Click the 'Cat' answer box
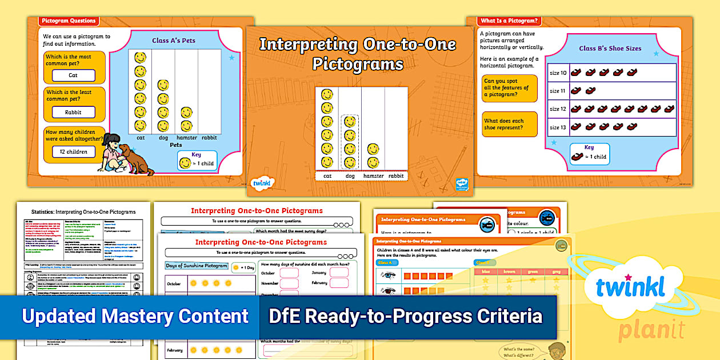point(73,75)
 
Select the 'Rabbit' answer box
point(73,113)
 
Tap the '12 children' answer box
point(73,152)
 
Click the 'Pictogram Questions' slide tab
point(69,21)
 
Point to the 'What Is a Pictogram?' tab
point(509,21)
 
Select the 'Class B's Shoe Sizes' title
point(610,49)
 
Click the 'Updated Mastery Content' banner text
point(135,316)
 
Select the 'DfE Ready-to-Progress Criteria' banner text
point(406,316)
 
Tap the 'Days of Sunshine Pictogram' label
point(196,266)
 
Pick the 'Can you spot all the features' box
point(509,88)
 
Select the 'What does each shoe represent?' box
point(509,125)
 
